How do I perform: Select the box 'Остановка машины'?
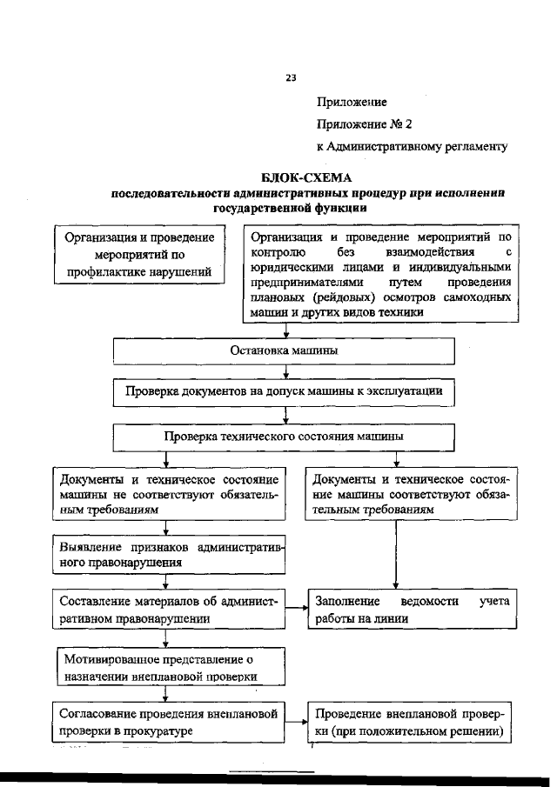284,350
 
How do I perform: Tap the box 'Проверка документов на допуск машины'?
284,392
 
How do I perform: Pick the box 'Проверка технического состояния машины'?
284,436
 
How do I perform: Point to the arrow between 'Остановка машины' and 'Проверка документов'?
285,372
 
